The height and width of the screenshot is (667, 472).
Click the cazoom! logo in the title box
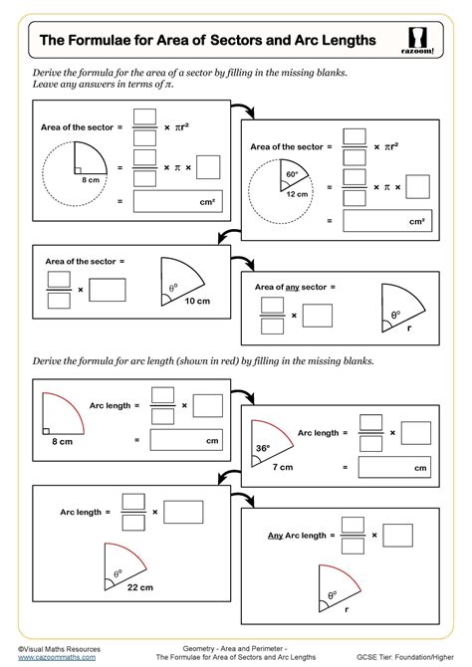coord(417,41)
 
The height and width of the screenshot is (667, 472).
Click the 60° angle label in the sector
coord(292,174)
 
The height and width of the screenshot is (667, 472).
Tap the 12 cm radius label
coord(297,194)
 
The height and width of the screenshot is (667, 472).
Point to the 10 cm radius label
coord(197,301)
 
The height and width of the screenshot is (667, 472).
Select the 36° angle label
coord(263,448)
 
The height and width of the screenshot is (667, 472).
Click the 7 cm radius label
coord(283,467)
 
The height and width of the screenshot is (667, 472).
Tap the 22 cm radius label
coord(140,587)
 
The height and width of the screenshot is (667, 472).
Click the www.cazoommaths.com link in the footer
coord(57,657)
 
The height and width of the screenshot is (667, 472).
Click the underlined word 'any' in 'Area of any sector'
coord(293,288)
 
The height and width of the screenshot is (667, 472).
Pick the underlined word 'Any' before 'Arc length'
coord(276,536)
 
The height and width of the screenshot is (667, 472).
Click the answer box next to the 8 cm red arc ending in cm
coord(186,440)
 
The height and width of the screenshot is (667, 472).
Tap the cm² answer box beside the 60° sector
coord(387,221)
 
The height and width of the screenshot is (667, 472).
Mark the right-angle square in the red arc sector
coord(46,431)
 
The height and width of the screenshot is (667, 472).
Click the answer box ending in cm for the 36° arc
coord(394,467)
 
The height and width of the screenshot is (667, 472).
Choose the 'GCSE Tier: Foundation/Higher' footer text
coord(405,657)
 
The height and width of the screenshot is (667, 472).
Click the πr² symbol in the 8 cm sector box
coord(182,126)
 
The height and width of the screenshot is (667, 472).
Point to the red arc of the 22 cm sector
coord(130,550)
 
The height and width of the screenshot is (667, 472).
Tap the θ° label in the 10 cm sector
coord(173,288)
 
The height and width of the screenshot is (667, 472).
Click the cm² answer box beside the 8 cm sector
coord(178,201)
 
